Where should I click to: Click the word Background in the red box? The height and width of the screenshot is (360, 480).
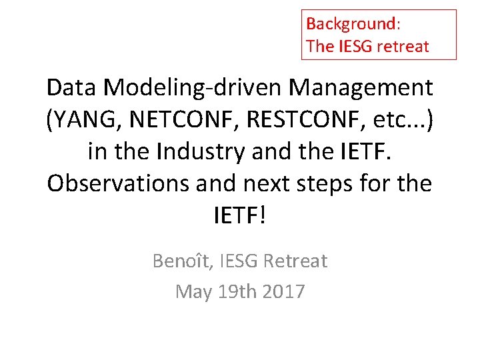point(351,24)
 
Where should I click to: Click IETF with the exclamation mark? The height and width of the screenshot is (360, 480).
point(239,215)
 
